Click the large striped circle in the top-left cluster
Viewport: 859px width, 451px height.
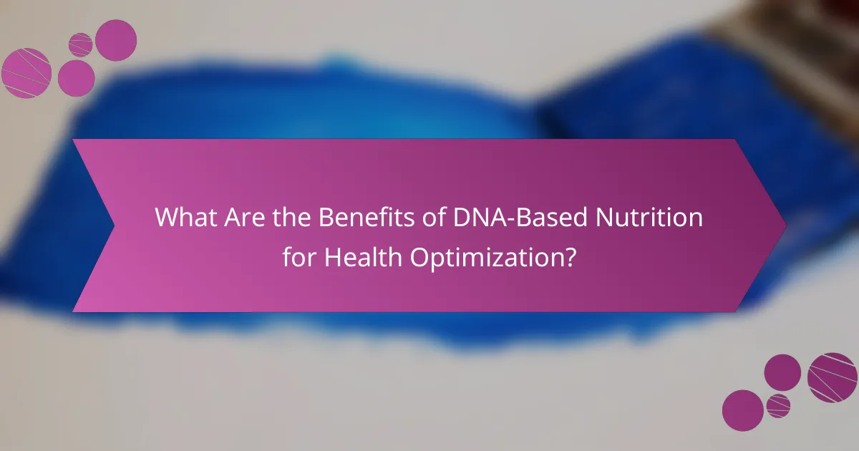click(x=26, y=72)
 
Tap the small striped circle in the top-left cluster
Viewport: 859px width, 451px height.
click(x=80, y=45)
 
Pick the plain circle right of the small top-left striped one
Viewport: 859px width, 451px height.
click(x=116, y=40)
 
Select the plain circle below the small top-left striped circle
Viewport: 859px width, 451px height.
click(x=76, y=77)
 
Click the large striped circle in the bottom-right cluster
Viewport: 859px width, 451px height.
click(x=832, y=377)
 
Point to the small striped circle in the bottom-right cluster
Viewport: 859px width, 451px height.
click(x=777, y=405)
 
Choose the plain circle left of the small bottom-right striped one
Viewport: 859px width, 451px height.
click(x=742, y=410)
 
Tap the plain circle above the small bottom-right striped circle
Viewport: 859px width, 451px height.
click(x=782, y=373)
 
